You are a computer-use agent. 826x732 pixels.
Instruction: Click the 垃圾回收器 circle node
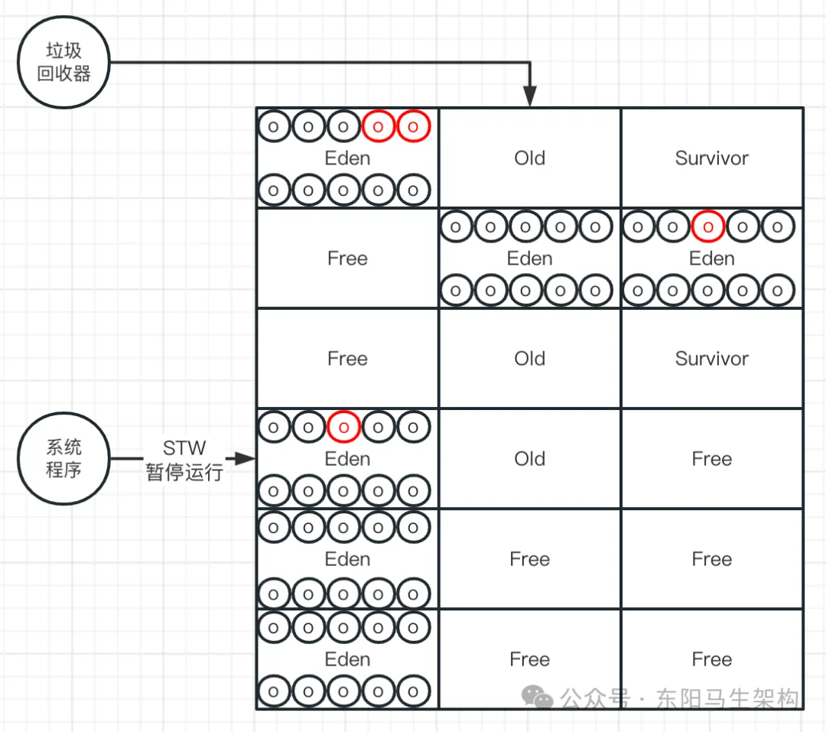click(x=63, y=63)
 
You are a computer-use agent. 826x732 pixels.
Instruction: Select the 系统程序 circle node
click(x=63, y=459)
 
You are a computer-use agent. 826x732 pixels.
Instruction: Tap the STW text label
click(x=184, y=447)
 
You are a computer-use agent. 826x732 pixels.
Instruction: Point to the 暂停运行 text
click(x=184, y=472)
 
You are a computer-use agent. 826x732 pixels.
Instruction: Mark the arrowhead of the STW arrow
click(x=246, y=459)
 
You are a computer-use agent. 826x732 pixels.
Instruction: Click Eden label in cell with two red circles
click(x=347, y=158)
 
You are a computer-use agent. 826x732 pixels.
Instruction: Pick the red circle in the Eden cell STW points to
click(x=343, y=428)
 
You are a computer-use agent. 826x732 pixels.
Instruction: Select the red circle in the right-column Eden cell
click(x=708, y=227)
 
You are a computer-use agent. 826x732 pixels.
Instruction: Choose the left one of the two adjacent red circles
click(x=379, y=127)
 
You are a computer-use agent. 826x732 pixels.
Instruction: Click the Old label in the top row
click(x=529, y=158)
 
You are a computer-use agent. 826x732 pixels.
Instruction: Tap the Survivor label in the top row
click(x=711, y=158)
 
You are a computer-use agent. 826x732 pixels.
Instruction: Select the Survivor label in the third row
click(x=711, y=359)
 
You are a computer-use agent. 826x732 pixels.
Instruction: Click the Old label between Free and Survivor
click(x=529, y=359)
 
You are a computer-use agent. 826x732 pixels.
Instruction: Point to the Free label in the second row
click(x=347, y=259)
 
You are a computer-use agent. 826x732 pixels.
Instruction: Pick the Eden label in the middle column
click(x=529, y=259)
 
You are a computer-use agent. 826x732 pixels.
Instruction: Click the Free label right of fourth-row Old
click(x=711, y=459)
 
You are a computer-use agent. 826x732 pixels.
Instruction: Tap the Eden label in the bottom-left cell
click(x=347, y=659)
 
